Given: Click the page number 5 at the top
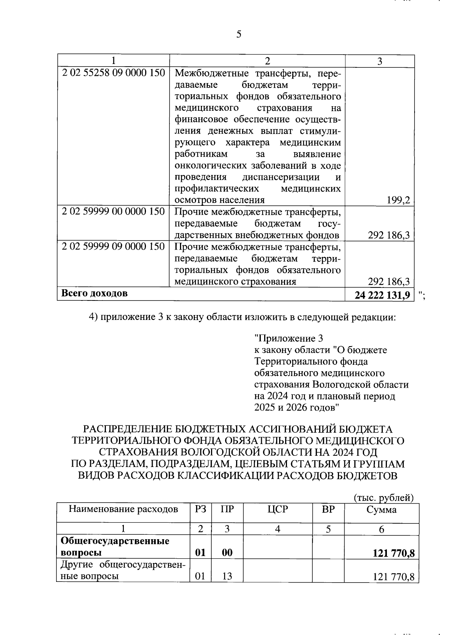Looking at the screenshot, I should tap(239, 34).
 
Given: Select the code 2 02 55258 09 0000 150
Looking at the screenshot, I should tap(113, 73).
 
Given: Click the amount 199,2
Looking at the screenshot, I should tap(398, 200).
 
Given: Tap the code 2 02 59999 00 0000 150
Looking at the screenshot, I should tap(113, 212).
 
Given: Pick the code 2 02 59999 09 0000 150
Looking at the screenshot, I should tap(113, 247).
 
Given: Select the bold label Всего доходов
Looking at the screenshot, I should tap(94, 293).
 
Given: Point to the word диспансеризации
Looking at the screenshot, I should tap(281, 177).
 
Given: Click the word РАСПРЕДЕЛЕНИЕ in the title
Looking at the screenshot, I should tap(127, 429).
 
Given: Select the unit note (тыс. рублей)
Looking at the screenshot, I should tap(384, 498).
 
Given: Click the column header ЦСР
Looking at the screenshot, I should tap(277, 509).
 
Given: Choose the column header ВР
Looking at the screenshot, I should tap(328, 509).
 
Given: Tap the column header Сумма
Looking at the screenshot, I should tap(381, 510).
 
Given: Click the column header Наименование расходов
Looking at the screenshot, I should tap(123, 509).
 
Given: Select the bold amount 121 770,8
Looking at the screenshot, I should tap(394, 553).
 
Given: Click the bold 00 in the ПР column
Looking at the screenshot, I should tap(227, 553).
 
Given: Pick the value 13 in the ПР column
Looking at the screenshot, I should tap(227, 577).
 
